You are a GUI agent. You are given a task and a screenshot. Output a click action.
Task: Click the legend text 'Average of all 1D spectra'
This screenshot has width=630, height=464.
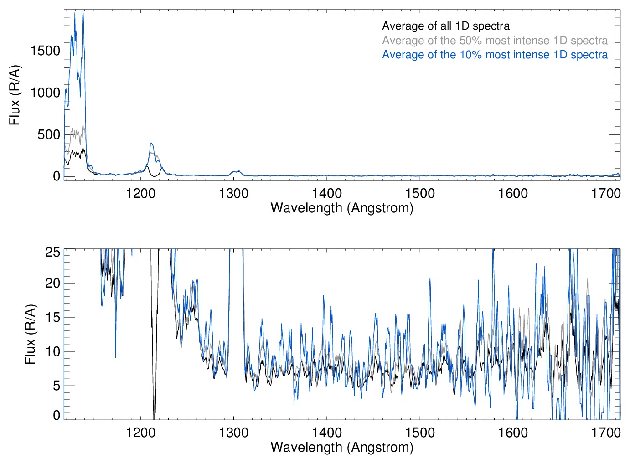[x=445, y=26]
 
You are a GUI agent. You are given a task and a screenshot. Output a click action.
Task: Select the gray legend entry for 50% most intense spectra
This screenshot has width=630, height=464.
[x=495, y=41]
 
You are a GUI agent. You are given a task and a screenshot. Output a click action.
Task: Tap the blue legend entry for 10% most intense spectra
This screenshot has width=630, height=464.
[x=495, y=55]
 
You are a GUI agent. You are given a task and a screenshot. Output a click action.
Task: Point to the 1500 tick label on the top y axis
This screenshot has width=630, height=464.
[x=45, y=51]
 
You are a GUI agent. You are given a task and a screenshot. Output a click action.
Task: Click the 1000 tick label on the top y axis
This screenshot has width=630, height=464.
[x=45, y=93]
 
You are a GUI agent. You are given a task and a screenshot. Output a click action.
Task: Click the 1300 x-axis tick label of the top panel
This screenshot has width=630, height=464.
[x=233, y=193]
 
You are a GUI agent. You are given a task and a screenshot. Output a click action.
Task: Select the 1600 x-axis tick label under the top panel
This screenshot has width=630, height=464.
[x=513, y=193]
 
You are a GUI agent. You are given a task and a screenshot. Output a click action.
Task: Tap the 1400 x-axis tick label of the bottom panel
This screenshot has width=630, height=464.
[x=327, y=432]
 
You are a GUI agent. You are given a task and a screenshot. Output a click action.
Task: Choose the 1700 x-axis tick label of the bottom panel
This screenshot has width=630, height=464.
[x=606, y=432]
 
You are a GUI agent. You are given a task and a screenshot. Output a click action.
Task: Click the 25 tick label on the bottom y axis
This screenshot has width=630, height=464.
[x=53, y=252]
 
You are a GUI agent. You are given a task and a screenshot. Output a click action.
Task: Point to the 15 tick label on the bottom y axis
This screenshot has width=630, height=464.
[x=53, y=317]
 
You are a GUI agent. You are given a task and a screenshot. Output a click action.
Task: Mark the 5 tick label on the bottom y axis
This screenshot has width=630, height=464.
[x=57, y=386]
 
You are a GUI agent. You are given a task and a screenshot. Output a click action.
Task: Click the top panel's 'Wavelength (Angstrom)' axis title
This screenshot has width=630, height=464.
[x=342, y=208]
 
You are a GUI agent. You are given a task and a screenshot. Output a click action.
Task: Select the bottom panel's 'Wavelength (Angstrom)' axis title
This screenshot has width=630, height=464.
[x=342, y=447]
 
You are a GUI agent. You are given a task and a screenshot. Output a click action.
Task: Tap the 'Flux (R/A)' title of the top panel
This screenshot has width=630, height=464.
[x=15, y=95]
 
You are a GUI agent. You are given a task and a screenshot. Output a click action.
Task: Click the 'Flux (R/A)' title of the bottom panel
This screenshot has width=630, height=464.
[x=30, y=335]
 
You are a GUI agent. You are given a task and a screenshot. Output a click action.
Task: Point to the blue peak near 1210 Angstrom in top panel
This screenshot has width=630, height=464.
[x=151, y=144]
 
